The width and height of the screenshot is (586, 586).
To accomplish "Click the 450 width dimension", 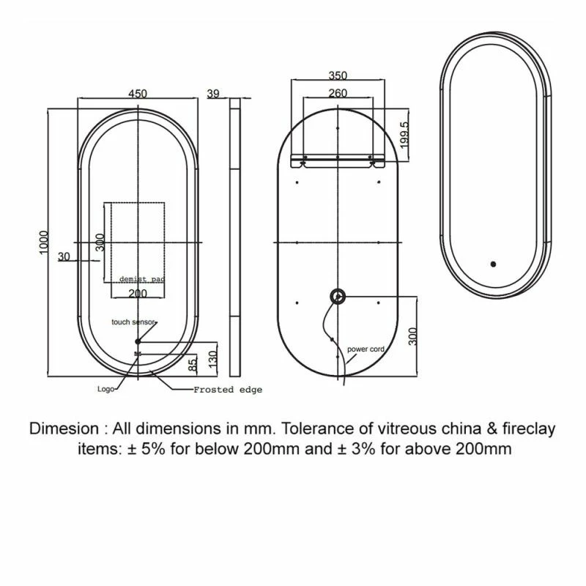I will (138, 93).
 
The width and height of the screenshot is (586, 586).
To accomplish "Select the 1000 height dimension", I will (44, 242).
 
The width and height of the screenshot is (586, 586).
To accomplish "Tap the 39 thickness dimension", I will (213, 93).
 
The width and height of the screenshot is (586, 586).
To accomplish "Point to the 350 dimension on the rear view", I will (338, 75).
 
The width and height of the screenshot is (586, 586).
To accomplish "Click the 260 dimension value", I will (338, 93).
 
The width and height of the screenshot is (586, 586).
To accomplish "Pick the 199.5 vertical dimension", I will (405, 133).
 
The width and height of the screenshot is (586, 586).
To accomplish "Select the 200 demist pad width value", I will (138, 293).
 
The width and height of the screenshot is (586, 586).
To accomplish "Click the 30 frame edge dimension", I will (64, 256).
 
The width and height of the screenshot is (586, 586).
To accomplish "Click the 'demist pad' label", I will (142, 280).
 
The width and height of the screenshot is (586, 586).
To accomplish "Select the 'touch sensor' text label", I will (134, 322).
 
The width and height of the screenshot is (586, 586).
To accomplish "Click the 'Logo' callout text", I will (105, 389).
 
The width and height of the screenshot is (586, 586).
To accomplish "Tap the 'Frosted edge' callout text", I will (227, 390).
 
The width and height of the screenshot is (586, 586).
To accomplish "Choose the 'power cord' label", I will (366, 349).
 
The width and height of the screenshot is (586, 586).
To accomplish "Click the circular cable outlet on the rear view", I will (338, 296).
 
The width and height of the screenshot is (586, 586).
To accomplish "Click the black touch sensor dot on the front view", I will (138, 341).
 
